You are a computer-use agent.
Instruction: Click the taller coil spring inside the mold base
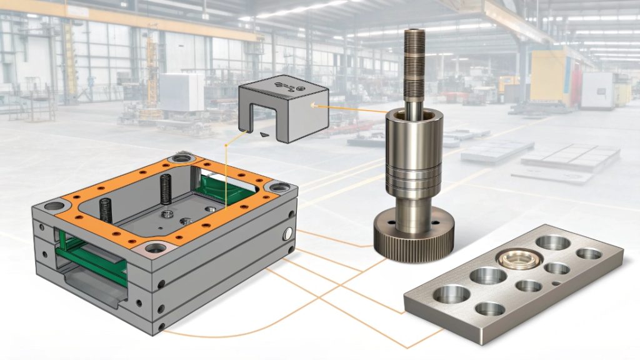click(166, 187)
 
